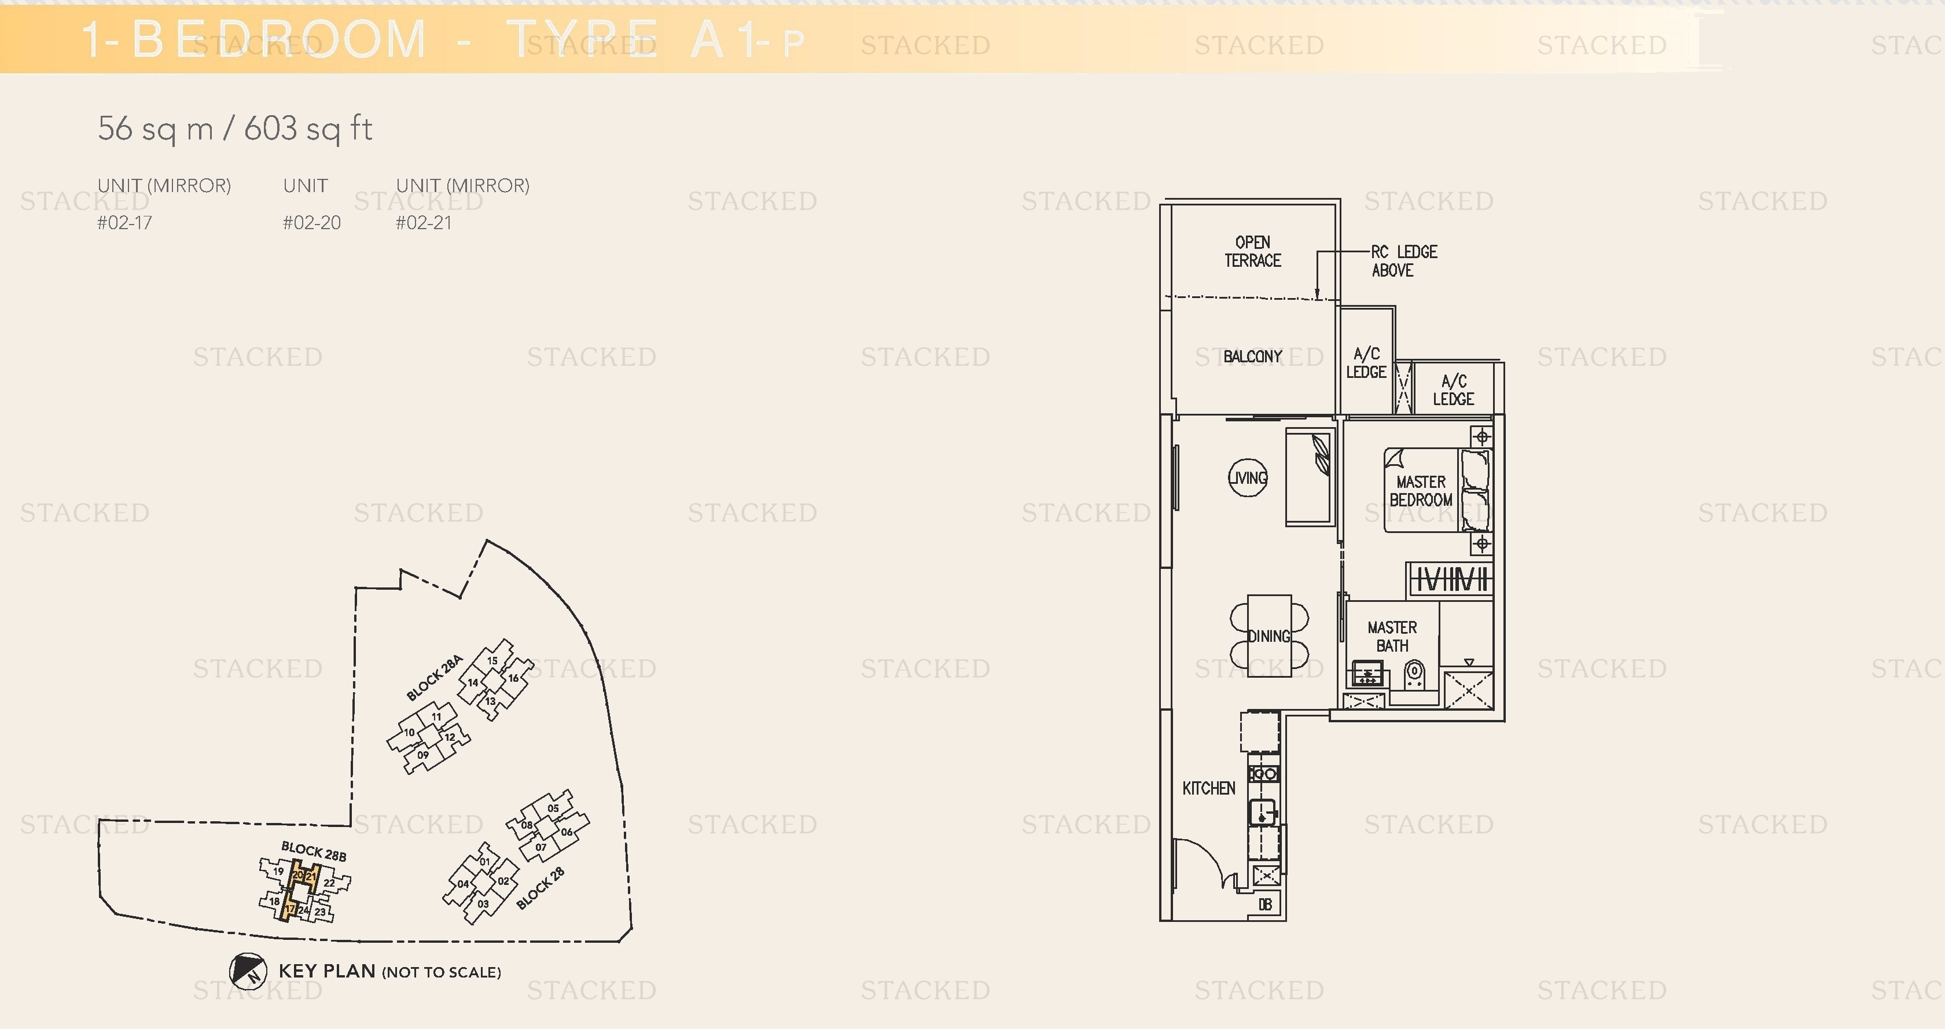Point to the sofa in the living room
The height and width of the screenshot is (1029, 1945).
coord(1308,477)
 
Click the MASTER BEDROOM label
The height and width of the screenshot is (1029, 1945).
coord(1420,491)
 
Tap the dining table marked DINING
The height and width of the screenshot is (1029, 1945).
coord(1269,635)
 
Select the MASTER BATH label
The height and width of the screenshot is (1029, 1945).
coord(1392,637)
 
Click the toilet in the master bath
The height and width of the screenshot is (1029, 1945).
coord(1414,674)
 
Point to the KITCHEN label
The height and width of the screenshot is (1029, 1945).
coord(1208,788)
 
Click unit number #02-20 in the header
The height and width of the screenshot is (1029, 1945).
coord(311,223)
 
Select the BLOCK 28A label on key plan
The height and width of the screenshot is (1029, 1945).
coord(433,678)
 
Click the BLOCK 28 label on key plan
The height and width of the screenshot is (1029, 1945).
coord(540,888)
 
